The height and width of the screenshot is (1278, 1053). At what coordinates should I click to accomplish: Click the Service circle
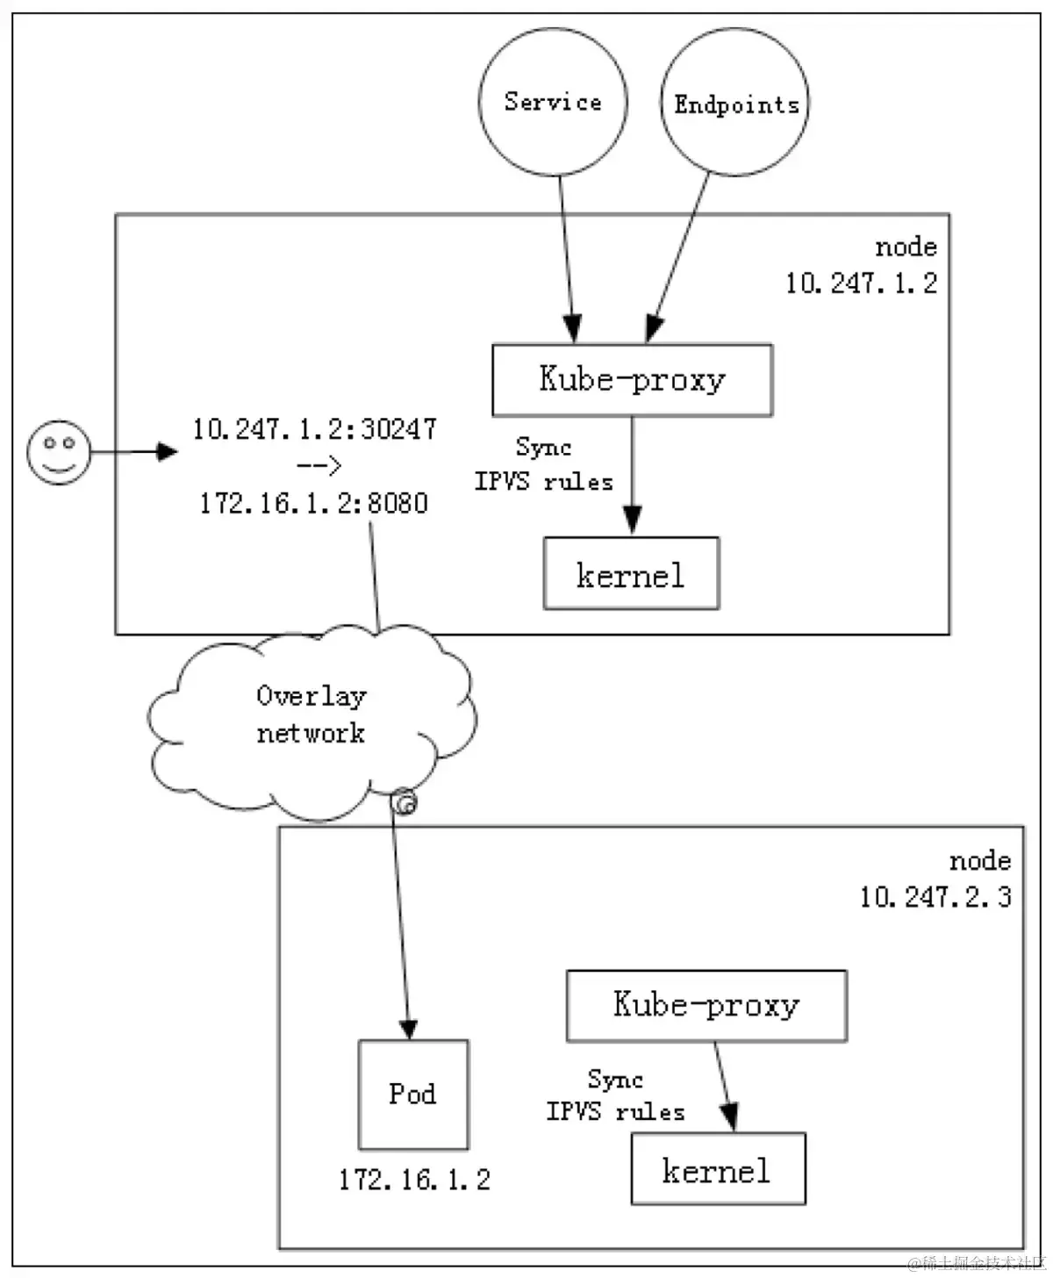point(553,102)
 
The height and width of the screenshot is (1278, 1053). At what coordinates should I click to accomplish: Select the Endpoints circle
point(735,104)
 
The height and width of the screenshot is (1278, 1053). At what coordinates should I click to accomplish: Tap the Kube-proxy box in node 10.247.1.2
point(632,380)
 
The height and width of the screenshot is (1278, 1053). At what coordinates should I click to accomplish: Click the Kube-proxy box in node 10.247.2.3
point(706,1006)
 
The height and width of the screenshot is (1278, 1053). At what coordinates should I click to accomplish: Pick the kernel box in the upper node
point(631,574)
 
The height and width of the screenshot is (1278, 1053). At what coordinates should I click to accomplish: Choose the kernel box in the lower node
point(717,1169)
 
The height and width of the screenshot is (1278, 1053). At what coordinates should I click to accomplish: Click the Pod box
point(413,1095)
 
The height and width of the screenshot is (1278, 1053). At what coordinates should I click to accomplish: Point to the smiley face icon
point(59,452)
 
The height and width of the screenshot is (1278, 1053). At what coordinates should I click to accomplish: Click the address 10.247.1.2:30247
point(314,429)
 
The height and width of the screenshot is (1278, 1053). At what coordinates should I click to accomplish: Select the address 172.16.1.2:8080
point(314,503)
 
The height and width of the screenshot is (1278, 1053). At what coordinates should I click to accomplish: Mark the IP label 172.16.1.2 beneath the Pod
point(414,1180)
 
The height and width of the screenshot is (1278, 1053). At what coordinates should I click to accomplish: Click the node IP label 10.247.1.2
point(861,283)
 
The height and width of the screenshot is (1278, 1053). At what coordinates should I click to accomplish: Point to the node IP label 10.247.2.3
point(935,896)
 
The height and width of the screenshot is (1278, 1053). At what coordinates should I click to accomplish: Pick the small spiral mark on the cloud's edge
point(404,802)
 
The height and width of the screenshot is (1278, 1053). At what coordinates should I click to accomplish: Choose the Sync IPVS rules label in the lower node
point(616,1095)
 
